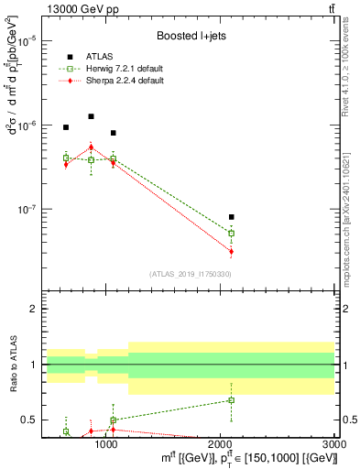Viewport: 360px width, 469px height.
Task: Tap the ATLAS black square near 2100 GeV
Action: (232, 217)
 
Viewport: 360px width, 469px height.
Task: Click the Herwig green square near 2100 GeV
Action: (232, 234)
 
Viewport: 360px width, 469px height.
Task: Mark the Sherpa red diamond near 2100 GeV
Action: (232, 251)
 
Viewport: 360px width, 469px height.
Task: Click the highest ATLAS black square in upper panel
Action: (91, 116)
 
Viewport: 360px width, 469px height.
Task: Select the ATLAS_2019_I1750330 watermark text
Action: (190, 274)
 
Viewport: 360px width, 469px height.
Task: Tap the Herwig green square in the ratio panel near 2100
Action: (232, 400)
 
